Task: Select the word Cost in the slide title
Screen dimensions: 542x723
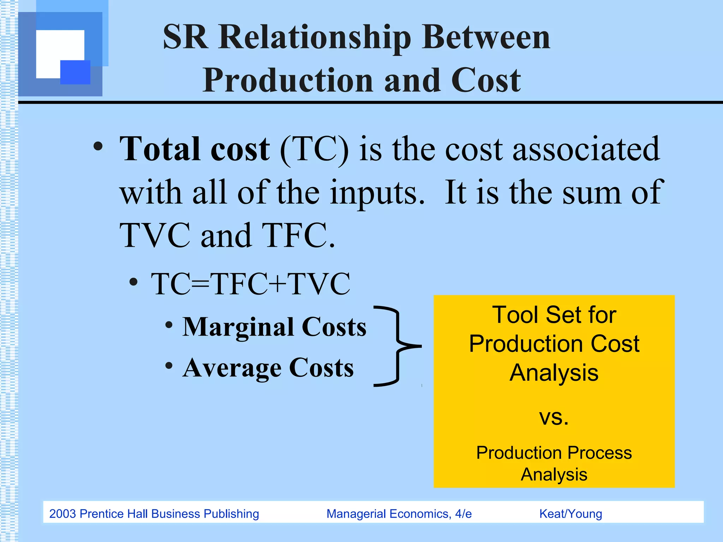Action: coord(486,80)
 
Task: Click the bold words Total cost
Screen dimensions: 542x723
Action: coord(195,150)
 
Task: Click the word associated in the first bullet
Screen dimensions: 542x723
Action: coord(586,150)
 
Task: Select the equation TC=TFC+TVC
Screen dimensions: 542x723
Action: coord(251,284)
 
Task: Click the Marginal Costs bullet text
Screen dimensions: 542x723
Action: coord(274,327)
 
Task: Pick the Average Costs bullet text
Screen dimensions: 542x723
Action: coord(268,368)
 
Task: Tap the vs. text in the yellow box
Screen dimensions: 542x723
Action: coord(554,417)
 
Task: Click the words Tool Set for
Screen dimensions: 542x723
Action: coord(554,315)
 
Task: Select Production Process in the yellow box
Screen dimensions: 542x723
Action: coord(554,453)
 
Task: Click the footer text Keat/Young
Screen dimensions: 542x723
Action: coord(570,514)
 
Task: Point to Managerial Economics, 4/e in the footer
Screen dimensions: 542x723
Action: coord(399,514)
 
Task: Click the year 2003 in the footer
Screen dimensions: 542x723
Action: coord(62,514)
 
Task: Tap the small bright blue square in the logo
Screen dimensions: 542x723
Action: coord(75,72)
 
